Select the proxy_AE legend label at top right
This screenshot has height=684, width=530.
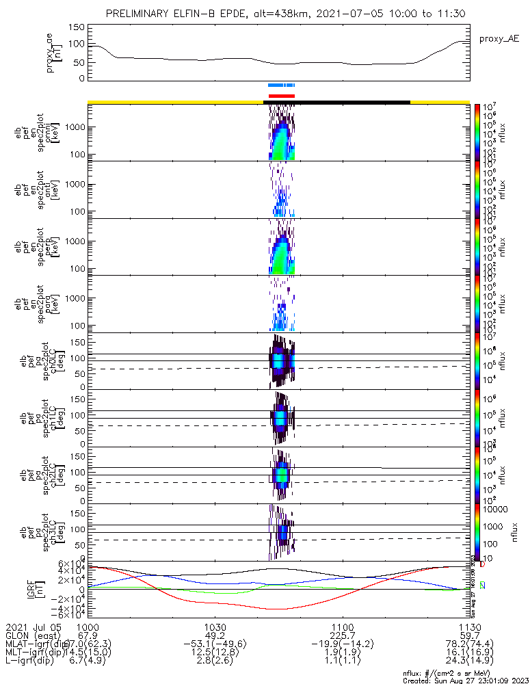[x=499, y=40]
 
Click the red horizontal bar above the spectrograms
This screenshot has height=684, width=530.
[x=282, y=96]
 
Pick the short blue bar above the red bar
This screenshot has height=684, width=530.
[x=281, y=85]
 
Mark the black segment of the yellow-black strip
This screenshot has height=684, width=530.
[x=336, y=102]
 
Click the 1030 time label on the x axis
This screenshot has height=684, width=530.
[x=215, y=628]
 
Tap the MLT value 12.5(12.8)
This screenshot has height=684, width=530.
[x=215, y=655]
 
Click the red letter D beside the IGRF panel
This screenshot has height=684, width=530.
[x=483, y=565]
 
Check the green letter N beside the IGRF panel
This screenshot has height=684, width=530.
[x=483, y=586]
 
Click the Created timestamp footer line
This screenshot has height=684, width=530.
[x=462, y=681]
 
